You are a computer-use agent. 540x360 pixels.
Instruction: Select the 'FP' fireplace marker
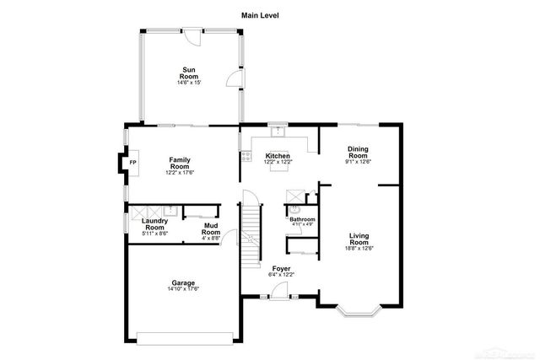tap(132, 162)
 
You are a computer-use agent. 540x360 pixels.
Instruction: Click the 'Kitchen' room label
tap(278, 156)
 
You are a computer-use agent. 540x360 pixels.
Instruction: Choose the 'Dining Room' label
tap(358, 153)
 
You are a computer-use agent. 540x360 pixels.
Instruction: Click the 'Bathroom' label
tap(302, 219)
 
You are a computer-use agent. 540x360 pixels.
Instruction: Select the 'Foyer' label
tap(281, 268)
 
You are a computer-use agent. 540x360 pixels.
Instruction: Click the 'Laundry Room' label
tap(154, 224)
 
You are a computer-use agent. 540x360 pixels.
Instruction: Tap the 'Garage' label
tap(183, 282)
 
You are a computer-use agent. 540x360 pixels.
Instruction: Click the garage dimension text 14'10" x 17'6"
tap(183, 289)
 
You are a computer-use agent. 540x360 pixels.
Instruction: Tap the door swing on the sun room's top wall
tap(192, 35)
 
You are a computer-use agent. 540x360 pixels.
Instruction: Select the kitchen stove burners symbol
tap(246, 156)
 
